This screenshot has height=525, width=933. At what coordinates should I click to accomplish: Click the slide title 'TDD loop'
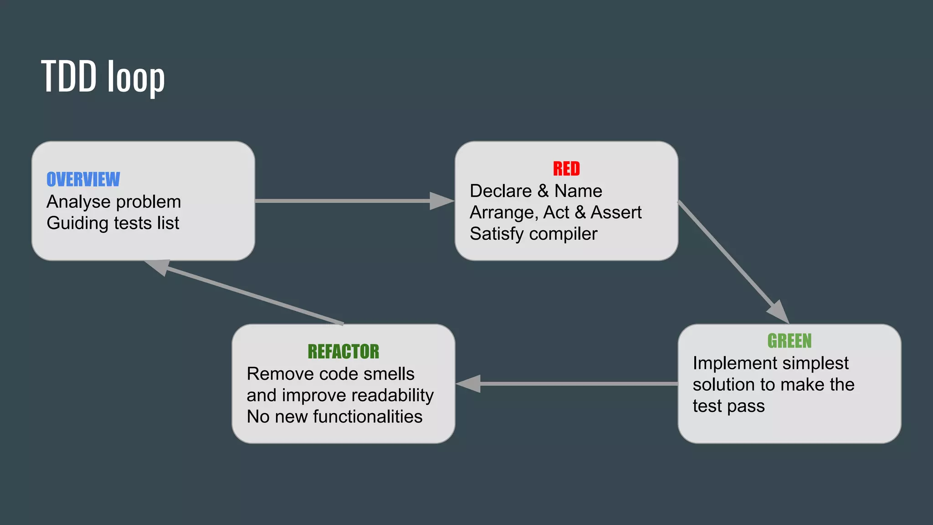[103, 77]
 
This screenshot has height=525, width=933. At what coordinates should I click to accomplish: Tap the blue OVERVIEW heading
[83, 180]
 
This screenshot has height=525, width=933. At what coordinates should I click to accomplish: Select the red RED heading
[566, 169]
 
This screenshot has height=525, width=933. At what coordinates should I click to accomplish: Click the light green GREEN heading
[789, 341]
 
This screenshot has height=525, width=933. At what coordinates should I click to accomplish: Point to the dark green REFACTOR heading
[343, 352]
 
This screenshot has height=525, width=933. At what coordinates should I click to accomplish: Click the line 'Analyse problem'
[114, 201]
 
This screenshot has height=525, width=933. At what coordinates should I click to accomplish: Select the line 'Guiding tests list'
[113, 223]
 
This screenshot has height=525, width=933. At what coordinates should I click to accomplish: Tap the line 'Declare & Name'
[536, 191]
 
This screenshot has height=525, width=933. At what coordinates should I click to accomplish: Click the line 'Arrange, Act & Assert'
[555, 212]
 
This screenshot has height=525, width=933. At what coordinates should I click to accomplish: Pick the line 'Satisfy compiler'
[533, 234]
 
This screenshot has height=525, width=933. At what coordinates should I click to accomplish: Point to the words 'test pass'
[728, 406]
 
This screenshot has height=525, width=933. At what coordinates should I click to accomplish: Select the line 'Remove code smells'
[331, 374]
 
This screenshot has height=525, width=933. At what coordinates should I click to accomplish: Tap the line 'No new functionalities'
[335, 417]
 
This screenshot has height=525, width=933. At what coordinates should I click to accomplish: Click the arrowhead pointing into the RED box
[441, 201]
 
